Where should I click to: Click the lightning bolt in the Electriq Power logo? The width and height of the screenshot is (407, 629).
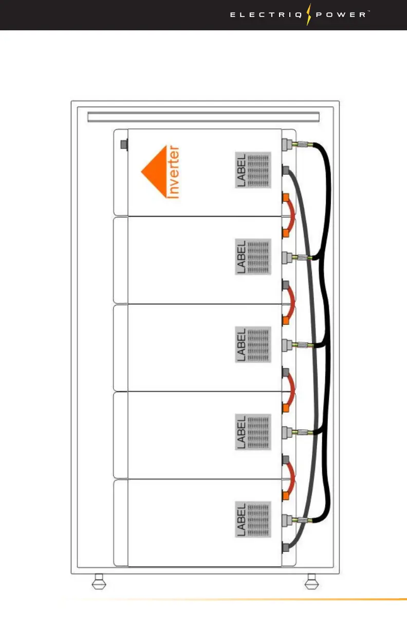[x=309, y=14]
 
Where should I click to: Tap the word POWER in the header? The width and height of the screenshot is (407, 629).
[x=341, y=15]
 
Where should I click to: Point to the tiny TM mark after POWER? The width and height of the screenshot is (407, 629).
[x=368, y=12]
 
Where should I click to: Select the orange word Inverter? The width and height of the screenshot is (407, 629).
[x=174, y=172]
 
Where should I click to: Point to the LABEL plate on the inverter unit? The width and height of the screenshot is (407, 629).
[x=253, y=170]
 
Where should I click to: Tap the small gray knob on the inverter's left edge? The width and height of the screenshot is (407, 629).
[x=123, y=145]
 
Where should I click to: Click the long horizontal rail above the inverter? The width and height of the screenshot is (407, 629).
[x=203, y=117]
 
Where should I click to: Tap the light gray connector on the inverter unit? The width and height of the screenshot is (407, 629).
[x=286, y=144]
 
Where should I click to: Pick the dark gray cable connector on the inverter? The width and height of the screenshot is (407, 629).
[x=286, y=170]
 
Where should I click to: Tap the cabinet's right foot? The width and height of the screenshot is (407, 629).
[x=310, y=584]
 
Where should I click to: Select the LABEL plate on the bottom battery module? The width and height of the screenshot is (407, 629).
[x=253, y=519]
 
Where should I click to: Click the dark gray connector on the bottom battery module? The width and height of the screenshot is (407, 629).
[x=286, y=549]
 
